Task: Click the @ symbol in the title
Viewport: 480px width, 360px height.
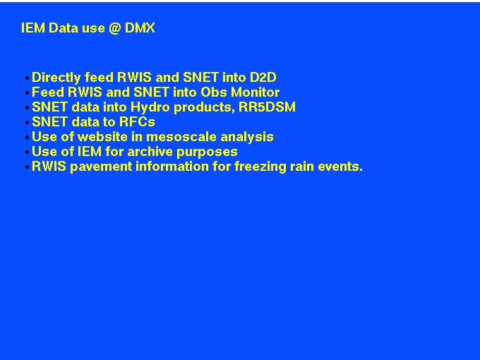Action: click(114, 28)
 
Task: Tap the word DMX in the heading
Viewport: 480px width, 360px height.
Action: click(140, 28)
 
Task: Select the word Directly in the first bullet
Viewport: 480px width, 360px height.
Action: click(56, 78)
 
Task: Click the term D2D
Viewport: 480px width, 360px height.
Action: click(263, 77)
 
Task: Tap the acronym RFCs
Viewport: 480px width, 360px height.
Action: click(137, 122)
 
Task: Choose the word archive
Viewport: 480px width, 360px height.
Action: click(150, 152)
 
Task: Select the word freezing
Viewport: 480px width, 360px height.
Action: click(260, 167)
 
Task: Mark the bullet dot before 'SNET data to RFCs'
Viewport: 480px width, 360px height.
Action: click(28, 123)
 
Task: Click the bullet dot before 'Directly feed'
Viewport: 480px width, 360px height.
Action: click(28, 78)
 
